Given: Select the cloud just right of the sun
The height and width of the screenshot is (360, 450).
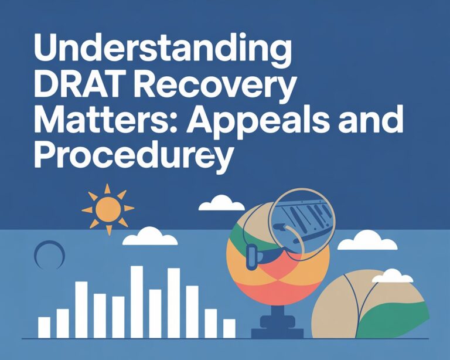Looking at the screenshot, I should (221, 203).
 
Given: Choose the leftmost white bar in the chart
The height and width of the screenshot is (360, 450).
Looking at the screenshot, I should (44, 327).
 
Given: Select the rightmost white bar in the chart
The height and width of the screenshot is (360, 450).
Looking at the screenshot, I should (229, 328).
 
